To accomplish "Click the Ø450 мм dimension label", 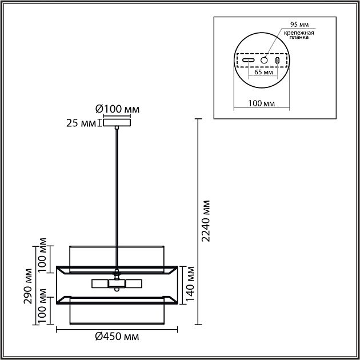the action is point(117,337).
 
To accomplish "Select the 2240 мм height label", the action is point(206,221).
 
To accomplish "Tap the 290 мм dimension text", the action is point(28,286).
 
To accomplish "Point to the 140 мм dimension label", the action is point(190,284).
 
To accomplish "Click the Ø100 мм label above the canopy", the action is point(117,109).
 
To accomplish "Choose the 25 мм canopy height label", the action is point(81,123).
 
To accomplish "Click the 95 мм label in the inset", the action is point(299,25).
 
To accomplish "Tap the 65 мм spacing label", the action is point(263,72).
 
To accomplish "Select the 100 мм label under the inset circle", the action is point(262,103).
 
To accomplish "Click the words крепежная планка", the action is point(299,35).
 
